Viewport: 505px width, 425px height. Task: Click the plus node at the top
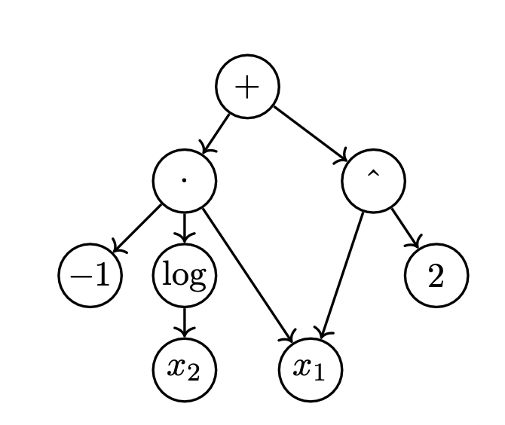click(x=247, y=87)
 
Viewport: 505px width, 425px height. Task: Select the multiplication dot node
click(x=184, y=181)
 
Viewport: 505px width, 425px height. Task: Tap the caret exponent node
click(x=373, y=181)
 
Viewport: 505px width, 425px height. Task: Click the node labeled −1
click(x=90, y=275)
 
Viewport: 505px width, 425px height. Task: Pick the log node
click(x=184, y=275)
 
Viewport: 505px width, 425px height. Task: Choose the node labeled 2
click(x=436, y=275)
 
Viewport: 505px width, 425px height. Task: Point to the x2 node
click(x=184, y=370)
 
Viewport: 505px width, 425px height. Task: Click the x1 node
click(x=311, y=370)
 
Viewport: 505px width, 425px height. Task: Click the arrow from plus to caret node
click(x=310, y=133)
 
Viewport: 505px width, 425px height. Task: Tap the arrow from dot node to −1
click(x=137, y=228)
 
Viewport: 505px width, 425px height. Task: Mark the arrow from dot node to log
click(x=184, y=228)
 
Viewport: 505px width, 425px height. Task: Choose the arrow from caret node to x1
click(x=342, y=276)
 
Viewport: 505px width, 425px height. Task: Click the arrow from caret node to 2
click(x=406, y=228)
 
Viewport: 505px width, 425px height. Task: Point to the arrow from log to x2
click(x=184, y=323)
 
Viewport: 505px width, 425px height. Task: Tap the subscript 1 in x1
click(x=319, y=374)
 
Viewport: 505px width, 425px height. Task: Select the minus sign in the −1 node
click(x=79, y=277)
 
